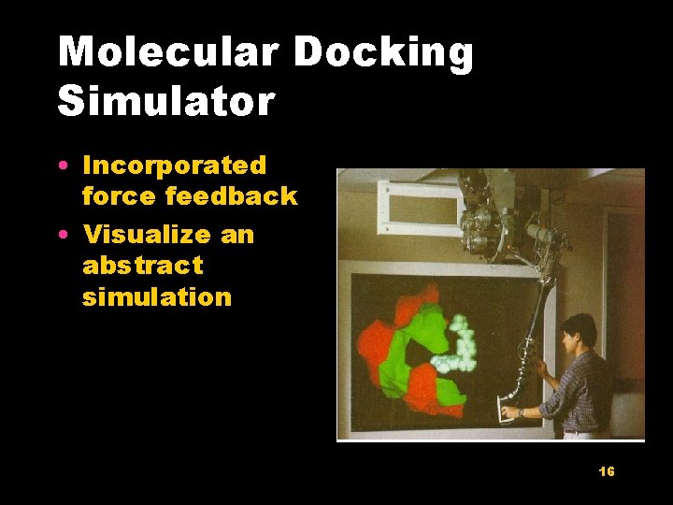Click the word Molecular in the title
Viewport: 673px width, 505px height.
(x=167, y=53)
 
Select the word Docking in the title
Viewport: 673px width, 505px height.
(x=383, y=53)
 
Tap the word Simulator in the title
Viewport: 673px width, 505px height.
(x=166, y=101)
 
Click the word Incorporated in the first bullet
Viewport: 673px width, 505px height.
(x=175, y=166)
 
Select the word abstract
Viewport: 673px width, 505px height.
(x=143, y=266)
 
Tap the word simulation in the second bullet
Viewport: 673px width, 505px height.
(x=157, y=297)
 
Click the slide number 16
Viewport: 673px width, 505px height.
(x=607, y=471)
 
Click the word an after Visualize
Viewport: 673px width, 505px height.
(x=237, y=234)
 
